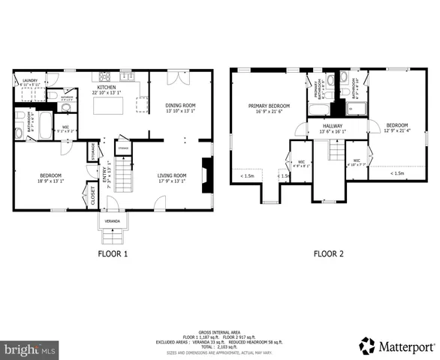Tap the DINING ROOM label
[x=179, y=105]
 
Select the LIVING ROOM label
[x=171, y=175]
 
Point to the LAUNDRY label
[x=30, y=80]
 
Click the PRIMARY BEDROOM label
[x=268, y=106]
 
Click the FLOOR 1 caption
[x=113, y=254]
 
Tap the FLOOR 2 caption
[x=328, y=254]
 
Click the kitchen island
[x=108, y=106]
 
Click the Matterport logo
[x=396, y=346]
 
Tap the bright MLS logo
[x=29, y=349]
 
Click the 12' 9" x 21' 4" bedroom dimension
[x=397, y=130]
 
